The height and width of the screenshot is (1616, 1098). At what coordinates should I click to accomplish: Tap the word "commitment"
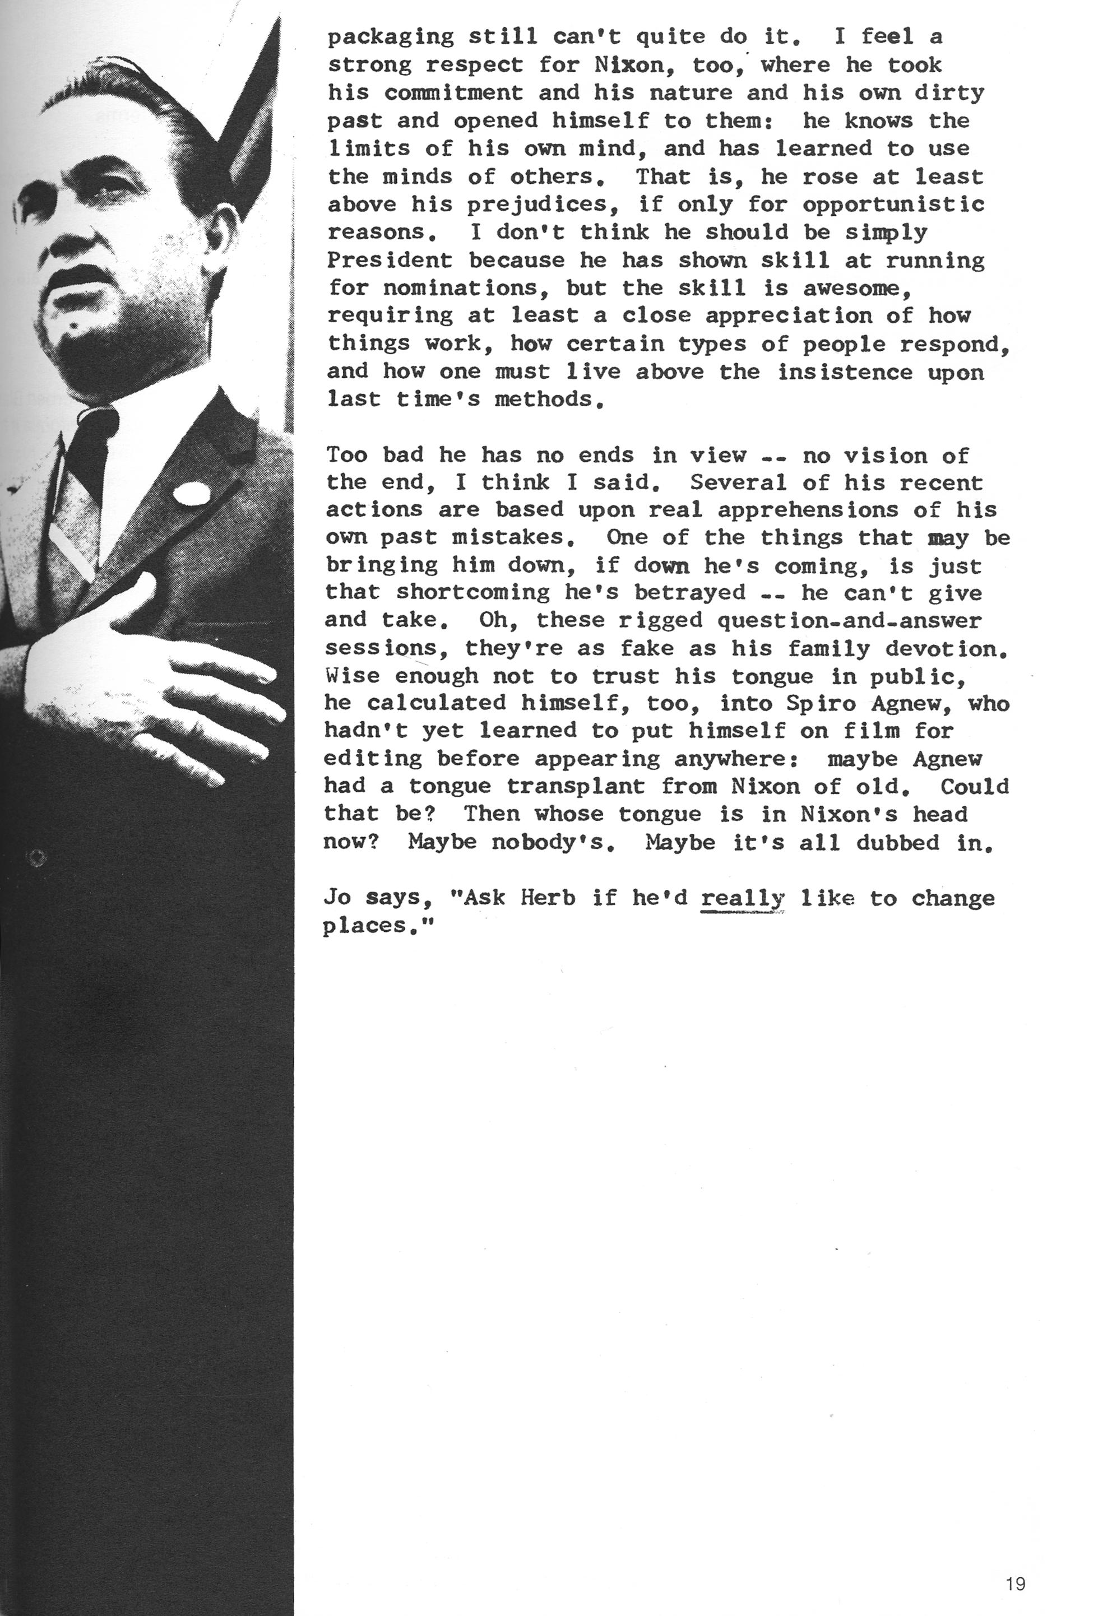453,93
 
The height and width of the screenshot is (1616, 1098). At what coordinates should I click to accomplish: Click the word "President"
390,261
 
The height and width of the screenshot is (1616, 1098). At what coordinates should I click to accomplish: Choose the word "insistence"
844,373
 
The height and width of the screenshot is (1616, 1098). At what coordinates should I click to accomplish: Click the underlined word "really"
742,898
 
